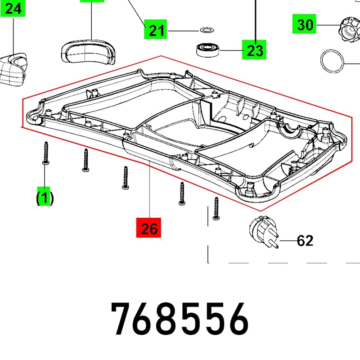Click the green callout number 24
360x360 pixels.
pyautogui.click(x=13, y=9)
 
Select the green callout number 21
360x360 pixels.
pyautogui.click(x=155, y=29)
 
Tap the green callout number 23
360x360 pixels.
pyautogui.click(x=254, y=49)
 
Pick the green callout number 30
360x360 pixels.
pyautogui.click(x=304, y=24)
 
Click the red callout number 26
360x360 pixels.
pyautogui.click(x=148, y=228)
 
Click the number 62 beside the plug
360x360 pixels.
pyautogui.click(x=305, y=241)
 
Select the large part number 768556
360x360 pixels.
pyautogui.click(x=180, y=319)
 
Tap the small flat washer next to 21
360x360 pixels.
pyautogui.click(x=207, y=30)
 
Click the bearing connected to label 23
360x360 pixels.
pyautogui.click(x=208, y=50)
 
